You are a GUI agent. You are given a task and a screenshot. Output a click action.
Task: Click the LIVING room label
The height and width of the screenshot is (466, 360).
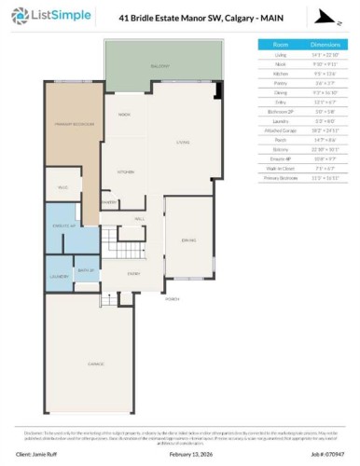click(x=181, y=143)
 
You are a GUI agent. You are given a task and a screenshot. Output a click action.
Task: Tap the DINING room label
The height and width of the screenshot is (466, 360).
click(x=187, y=240)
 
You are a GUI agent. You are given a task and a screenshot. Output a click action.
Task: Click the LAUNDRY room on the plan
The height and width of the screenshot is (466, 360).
click(x=58, y=276)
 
